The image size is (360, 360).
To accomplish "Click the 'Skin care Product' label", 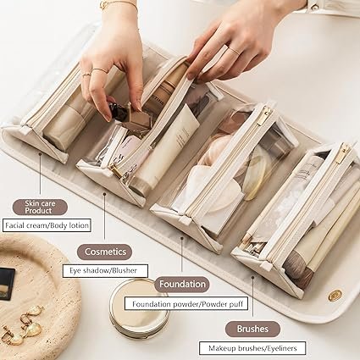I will [x=40, y=206].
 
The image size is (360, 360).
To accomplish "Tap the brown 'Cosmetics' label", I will [x=104, y=252].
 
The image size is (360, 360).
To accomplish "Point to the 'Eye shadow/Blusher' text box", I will [x=104, y=271].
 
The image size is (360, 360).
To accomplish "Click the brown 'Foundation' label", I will [x=182, y=285].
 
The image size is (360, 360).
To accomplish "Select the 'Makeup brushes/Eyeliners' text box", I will [x=252, y=347].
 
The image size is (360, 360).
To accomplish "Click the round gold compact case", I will [x=139, y=307].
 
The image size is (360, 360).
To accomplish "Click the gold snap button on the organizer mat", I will [x=335, y=294].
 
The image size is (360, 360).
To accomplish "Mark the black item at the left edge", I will [x=5, y=283].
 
